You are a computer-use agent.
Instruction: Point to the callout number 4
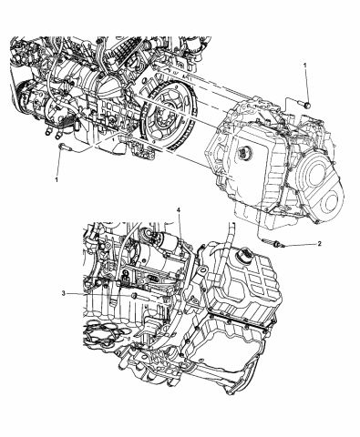coord(179,212)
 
